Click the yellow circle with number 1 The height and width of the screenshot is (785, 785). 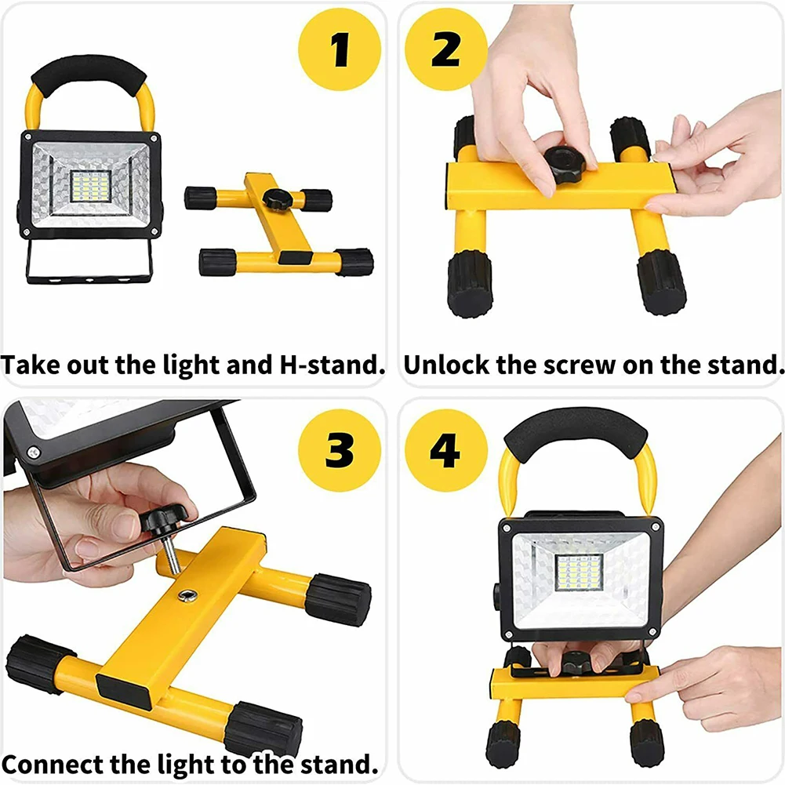pyautogui.click(x=340, y=49)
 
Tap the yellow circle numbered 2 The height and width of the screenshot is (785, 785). pyautogui.click(x=445, y=49)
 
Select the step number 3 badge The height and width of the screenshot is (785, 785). pyautogui.click(x=340, y=450)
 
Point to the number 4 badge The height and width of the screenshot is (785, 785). pyautogui.click(x=445, y=450)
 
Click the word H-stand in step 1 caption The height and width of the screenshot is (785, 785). pyautogui.click(x=333, y=365)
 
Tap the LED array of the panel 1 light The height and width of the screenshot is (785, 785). pyautogui.click(x=91, y=186)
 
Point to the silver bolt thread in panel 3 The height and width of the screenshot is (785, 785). pyautogui.click(x=172, y=554)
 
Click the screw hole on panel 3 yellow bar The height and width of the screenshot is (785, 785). pyautogui.click(x=187, y=594)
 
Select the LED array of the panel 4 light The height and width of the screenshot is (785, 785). pyautogui.click(x=580, y=572)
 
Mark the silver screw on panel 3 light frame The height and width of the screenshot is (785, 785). pyautogui.click(x=34, y=452)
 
